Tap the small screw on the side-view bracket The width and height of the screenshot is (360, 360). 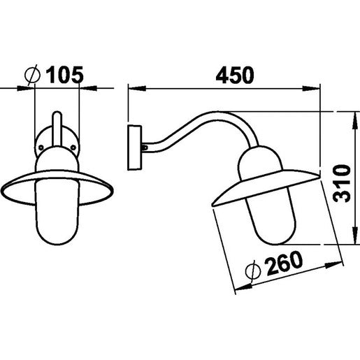click(x=143, y=147)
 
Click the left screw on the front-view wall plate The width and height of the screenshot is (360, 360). click(x=42, y=147)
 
